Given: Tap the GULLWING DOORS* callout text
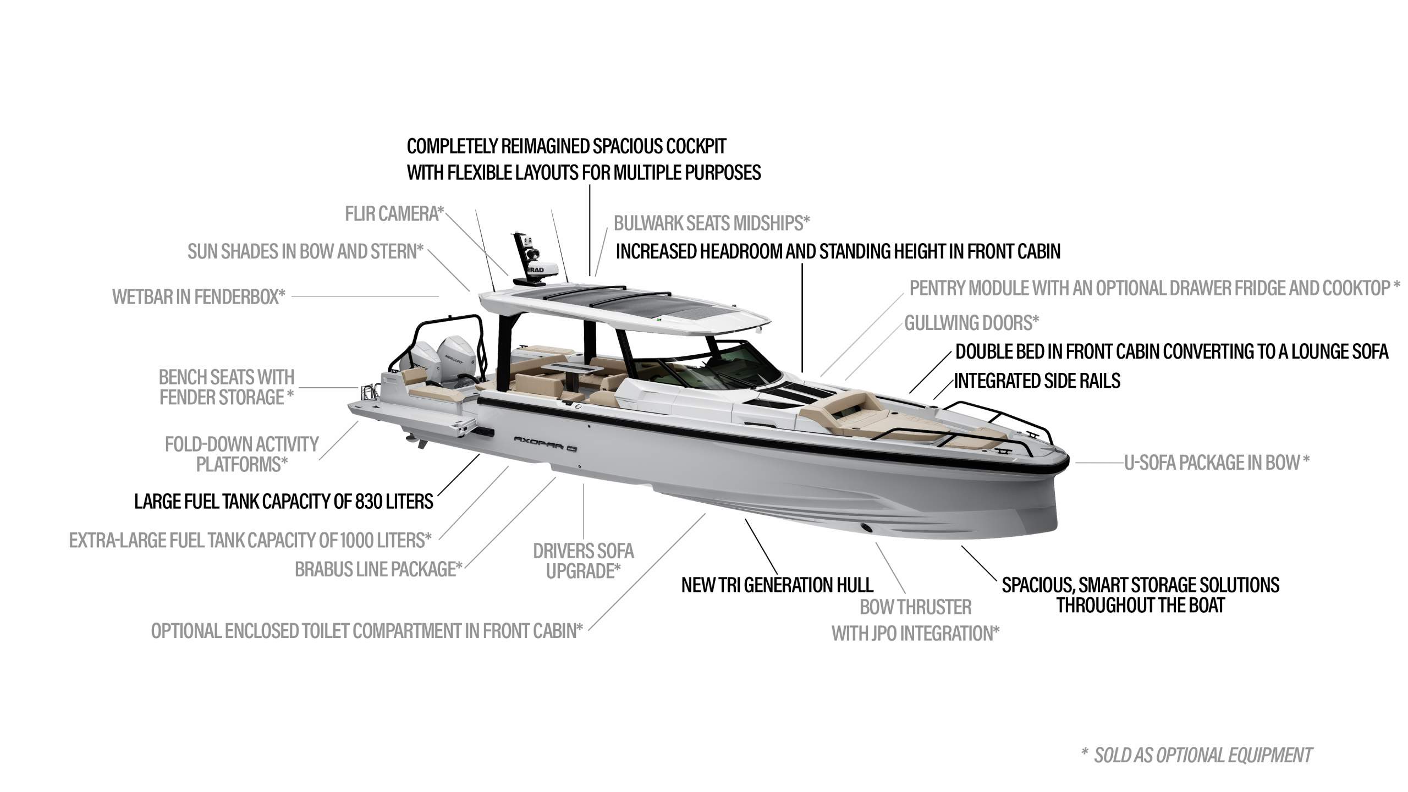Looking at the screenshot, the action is [972, 323].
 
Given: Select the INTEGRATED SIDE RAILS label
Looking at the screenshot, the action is [1037, 381].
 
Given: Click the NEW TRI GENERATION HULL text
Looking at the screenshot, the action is [777, 585].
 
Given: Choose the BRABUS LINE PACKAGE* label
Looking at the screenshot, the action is [378, 569].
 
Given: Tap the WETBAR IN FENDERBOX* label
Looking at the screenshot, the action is [199, 297].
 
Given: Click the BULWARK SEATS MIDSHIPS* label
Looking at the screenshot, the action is [712, 223].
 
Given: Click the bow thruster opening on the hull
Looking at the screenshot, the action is [867, 529].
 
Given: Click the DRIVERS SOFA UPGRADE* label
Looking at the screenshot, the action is [584, 561].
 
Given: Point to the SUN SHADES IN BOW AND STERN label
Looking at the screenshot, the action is [305, 252].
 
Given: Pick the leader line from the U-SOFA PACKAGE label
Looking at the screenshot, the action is [1099, 463].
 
